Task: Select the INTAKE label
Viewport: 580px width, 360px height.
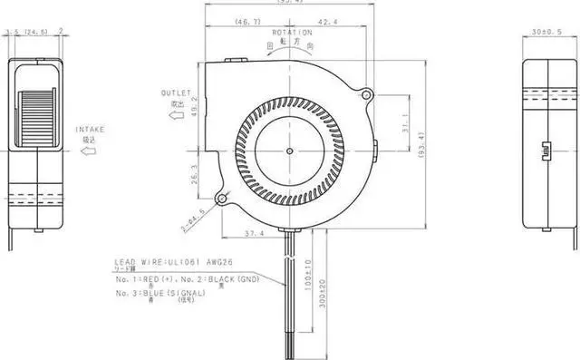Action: click(x=90, y=129)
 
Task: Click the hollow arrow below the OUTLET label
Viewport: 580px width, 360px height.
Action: click(x=178, y=116)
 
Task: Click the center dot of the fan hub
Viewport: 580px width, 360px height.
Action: click(x=289, y=150)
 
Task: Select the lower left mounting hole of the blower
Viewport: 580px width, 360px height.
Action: click(x=220, y=199)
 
